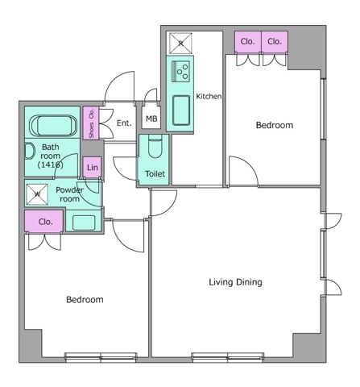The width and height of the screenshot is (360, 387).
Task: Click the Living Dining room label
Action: [235, 282]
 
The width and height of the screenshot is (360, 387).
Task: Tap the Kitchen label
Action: [209, 96]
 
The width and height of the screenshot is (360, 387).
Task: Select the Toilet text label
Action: [155, 174]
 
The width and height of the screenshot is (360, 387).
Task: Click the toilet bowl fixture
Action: [155, 147]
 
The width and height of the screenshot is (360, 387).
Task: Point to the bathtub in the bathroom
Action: [53, 126]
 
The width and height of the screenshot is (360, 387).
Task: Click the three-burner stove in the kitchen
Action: [181, 71]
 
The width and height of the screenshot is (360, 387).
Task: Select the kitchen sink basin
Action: [181, 110]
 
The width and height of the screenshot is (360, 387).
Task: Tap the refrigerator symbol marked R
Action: [180, 44]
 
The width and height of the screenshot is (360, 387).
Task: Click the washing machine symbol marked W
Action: [37, 194]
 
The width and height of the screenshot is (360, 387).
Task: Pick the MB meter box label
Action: [151, 119]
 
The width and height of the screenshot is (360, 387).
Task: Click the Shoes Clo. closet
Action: [91, 123]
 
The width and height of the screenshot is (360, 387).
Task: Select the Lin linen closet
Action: [93, 167]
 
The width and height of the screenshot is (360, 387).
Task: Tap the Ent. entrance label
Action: [124, 123]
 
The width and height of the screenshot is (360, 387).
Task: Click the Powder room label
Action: [69, 194]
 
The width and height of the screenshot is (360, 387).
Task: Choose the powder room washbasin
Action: [84, 223]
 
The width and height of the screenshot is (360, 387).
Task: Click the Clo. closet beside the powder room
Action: [44, 221]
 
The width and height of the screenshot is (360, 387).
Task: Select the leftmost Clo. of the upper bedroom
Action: [247, 42]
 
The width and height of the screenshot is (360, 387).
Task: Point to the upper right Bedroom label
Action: [275, 125]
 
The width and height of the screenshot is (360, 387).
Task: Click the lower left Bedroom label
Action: [85, 300]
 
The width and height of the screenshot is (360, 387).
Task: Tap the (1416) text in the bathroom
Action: [51, 164]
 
